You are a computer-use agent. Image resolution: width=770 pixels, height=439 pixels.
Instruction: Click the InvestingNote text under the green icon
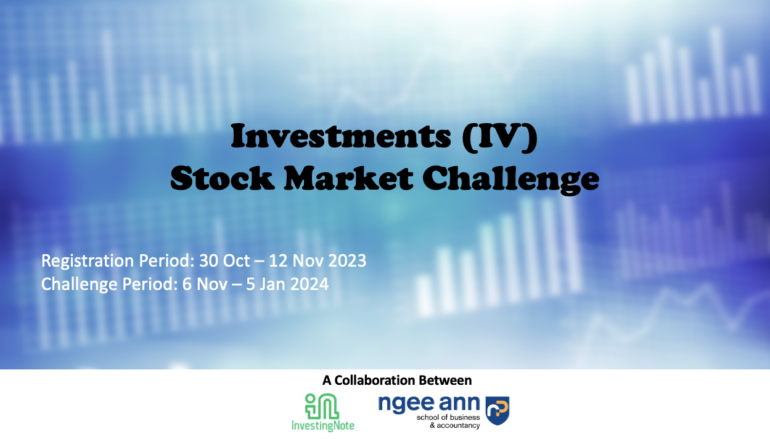[323, 425]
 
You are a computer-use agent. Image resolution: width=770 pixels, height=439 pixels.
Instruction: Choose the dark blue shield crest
[498, 411]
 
